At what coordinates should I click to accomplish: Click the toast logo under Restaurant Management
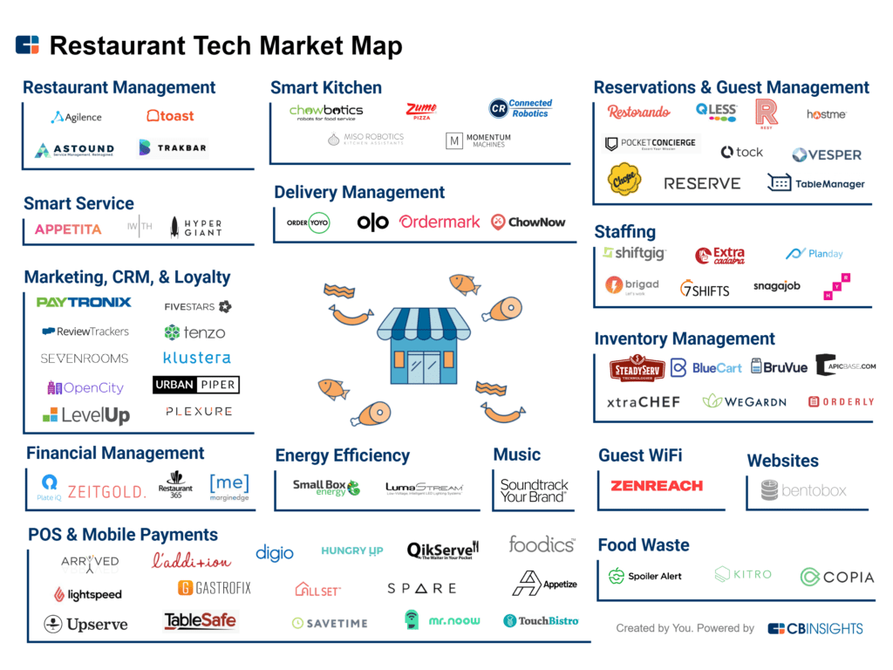tap(170, 115)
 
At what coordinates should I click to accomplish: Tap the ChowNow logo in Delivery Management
tap(528, 222)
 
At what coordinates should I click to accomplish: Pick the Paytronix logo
tap(84, 303)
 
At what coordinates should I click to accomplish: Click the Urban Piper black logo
tap(195, 385)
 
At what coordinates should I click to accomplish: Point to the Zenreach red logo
tap(657, 486)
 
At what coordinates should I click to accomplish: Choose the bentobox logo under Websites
tap(803, 490)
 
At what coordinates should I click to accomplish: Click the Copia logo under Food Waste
tap(836, 577)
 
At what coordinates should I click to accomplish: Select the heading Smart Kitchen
tap(325, 87)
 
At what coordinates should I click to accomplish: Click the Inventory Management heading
tap(685, 338)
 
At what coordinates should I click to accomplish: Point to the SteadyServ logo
tap(637, 368)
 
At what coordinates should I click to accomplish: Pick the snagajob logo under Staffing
tap(776, 286)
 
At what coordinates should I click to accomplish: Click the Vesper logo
tap(826, 154)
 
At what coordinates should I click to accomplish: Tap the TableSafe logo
tap(200, 621)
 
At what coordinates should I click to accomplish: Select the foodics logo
tap(542, 544)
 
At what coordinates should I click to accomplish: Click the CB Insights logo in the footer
tap(815, 628)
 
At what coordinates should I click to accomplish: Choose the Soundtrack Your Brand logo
tap(534, 490)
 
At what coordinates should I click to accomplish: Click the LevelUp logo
tap(86, 415)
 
